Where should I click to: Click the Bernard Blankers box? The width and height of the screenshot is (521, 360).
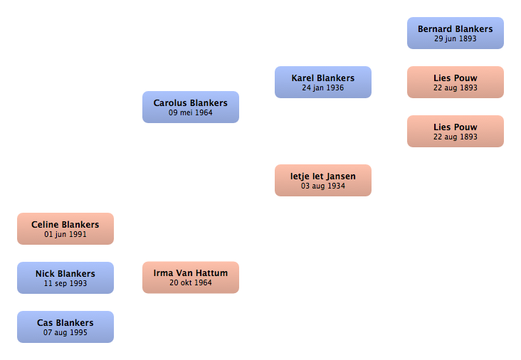(x=456, y=33)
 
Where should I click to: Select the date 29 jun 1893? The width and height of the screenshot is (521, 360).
(x=456, y=39)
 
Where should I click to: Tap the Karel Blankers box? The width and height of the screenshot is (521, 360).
(x=323, y=82)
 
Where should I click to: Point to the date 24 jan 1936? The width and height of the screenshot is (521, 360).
(x=323, y=88)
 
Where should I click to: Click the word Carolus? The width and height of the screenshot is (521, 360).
(x=170, y=103)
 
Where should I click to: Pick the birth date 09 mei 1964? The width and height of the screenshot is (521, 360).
(x=190, y=112)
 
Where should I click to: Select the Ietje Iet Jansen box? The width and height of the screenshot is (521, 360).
(x=323, y=180)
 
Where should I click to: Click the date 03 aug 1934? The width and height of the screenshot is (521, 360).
(x=323, y=186)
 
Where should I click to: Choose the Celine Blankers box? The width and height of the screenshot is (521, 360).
(x=65, y=229)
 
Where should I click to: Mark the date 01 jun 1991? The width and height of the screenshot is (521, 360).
(x=65, y=235)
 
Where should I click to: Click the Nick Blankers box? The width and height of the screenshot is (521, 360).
(x=65, y=277)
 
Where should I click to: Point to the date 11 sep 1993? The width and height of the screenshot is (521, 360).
(x=65, y=284)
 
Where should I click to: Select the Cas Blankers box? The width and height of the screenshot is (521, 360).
(x=65, y=327)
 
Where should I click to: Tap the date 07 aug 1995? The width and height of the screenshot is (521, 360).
(x=65, y=332)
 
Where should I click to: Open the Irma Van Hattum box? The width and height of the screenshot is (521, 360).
(x=191, y=277)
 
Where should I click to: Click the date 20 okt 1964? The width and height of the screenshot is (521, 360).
(x=191, y=282)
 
